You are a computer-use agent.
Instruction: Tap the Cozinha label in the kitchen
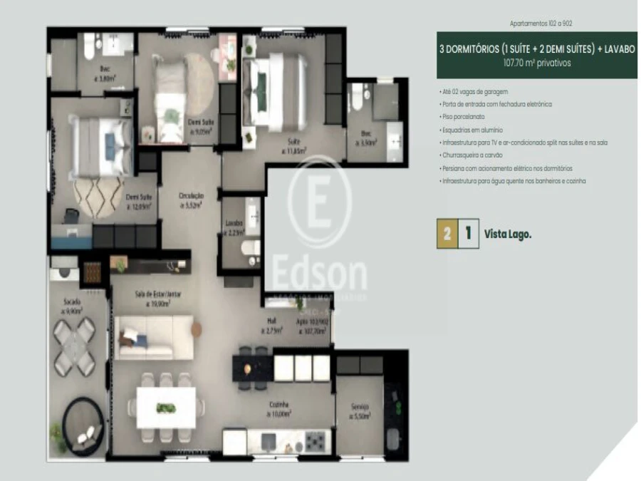click(x=278, y=408)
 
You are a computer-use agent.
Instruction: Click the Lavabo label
click(x=234, y=226)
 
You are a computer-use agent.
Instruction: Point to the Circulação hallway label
click(x=190, y=200)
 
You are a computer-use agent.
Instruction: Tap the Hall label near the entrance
click(x=272, y=326)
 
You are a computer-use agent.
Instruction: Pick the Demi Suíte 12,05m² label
click(x=140, y=202)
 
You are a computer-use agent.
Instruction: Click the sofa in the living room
click(x=155, y=337)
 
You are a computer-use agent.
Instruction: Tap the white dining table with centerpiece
click(x=166, y=407)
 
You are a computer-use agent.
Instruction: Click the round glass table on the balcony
click(x=74, y=346)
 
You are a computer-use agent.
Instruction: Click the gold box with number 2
click(x=446, y=233)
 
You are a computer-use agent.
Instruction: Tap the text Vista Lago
click(x=508, y=233)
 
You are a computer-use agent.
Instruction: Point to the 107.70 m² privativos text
click(x=536, y=63)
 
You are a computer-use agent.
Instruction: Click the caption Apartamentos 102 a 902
click(x=537, y=24)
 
